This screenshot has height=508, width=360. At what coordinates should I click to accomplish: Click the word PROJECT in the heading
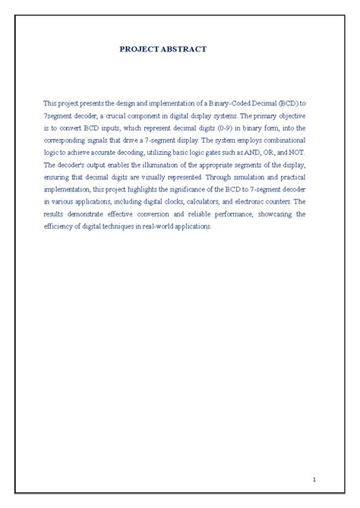(137, 49)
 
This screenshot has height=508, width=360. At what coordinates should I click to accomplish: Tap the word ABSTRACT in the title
(183, 49)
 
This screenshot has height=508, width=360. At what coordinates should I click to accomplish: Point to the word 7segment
(58, 112)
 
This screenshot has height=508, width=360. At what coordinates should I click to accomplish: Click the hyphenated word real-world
(144, 226)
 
